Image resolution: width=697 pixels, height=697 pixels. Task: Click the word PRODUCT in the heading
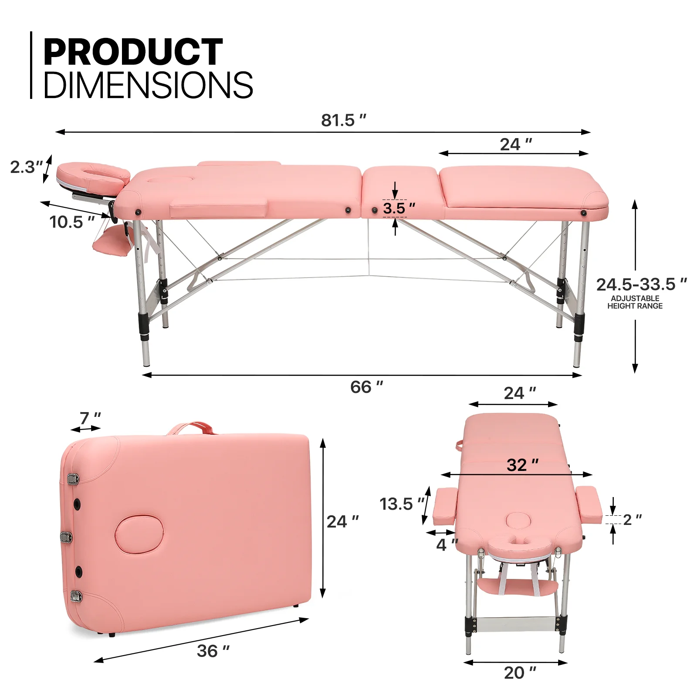133,52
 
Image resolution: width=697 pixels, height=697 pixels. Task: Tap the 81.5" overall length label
343,120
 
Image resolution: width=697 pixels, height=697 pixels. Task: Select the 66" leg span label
366,387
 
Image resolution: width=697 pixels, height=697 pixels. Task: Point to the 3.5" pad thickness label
398,208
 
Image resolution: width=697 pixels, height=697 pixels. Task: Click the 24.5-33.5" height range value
641,285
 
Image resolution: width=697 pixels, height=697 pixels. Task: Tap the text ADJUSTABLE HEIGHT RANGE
635,302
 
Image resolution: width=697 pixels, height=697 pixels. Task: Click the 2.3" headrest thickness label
26,167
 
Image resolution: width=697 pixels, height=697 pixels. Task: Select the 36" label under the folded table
213,651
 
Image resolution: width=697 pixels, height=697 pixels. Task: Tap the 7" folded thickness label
90,418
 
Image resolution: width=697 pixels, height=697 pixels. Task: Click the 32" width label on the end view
522,465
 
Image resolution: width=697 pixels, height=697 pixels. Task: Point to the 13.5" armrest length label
401,504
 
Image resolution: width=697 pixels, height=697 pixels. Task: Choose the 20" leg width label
520,673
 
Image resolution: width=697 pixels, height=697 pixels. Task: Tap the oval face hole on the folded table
139,534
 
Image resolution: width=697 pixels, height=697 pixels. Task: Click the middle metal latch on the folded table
66,536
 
